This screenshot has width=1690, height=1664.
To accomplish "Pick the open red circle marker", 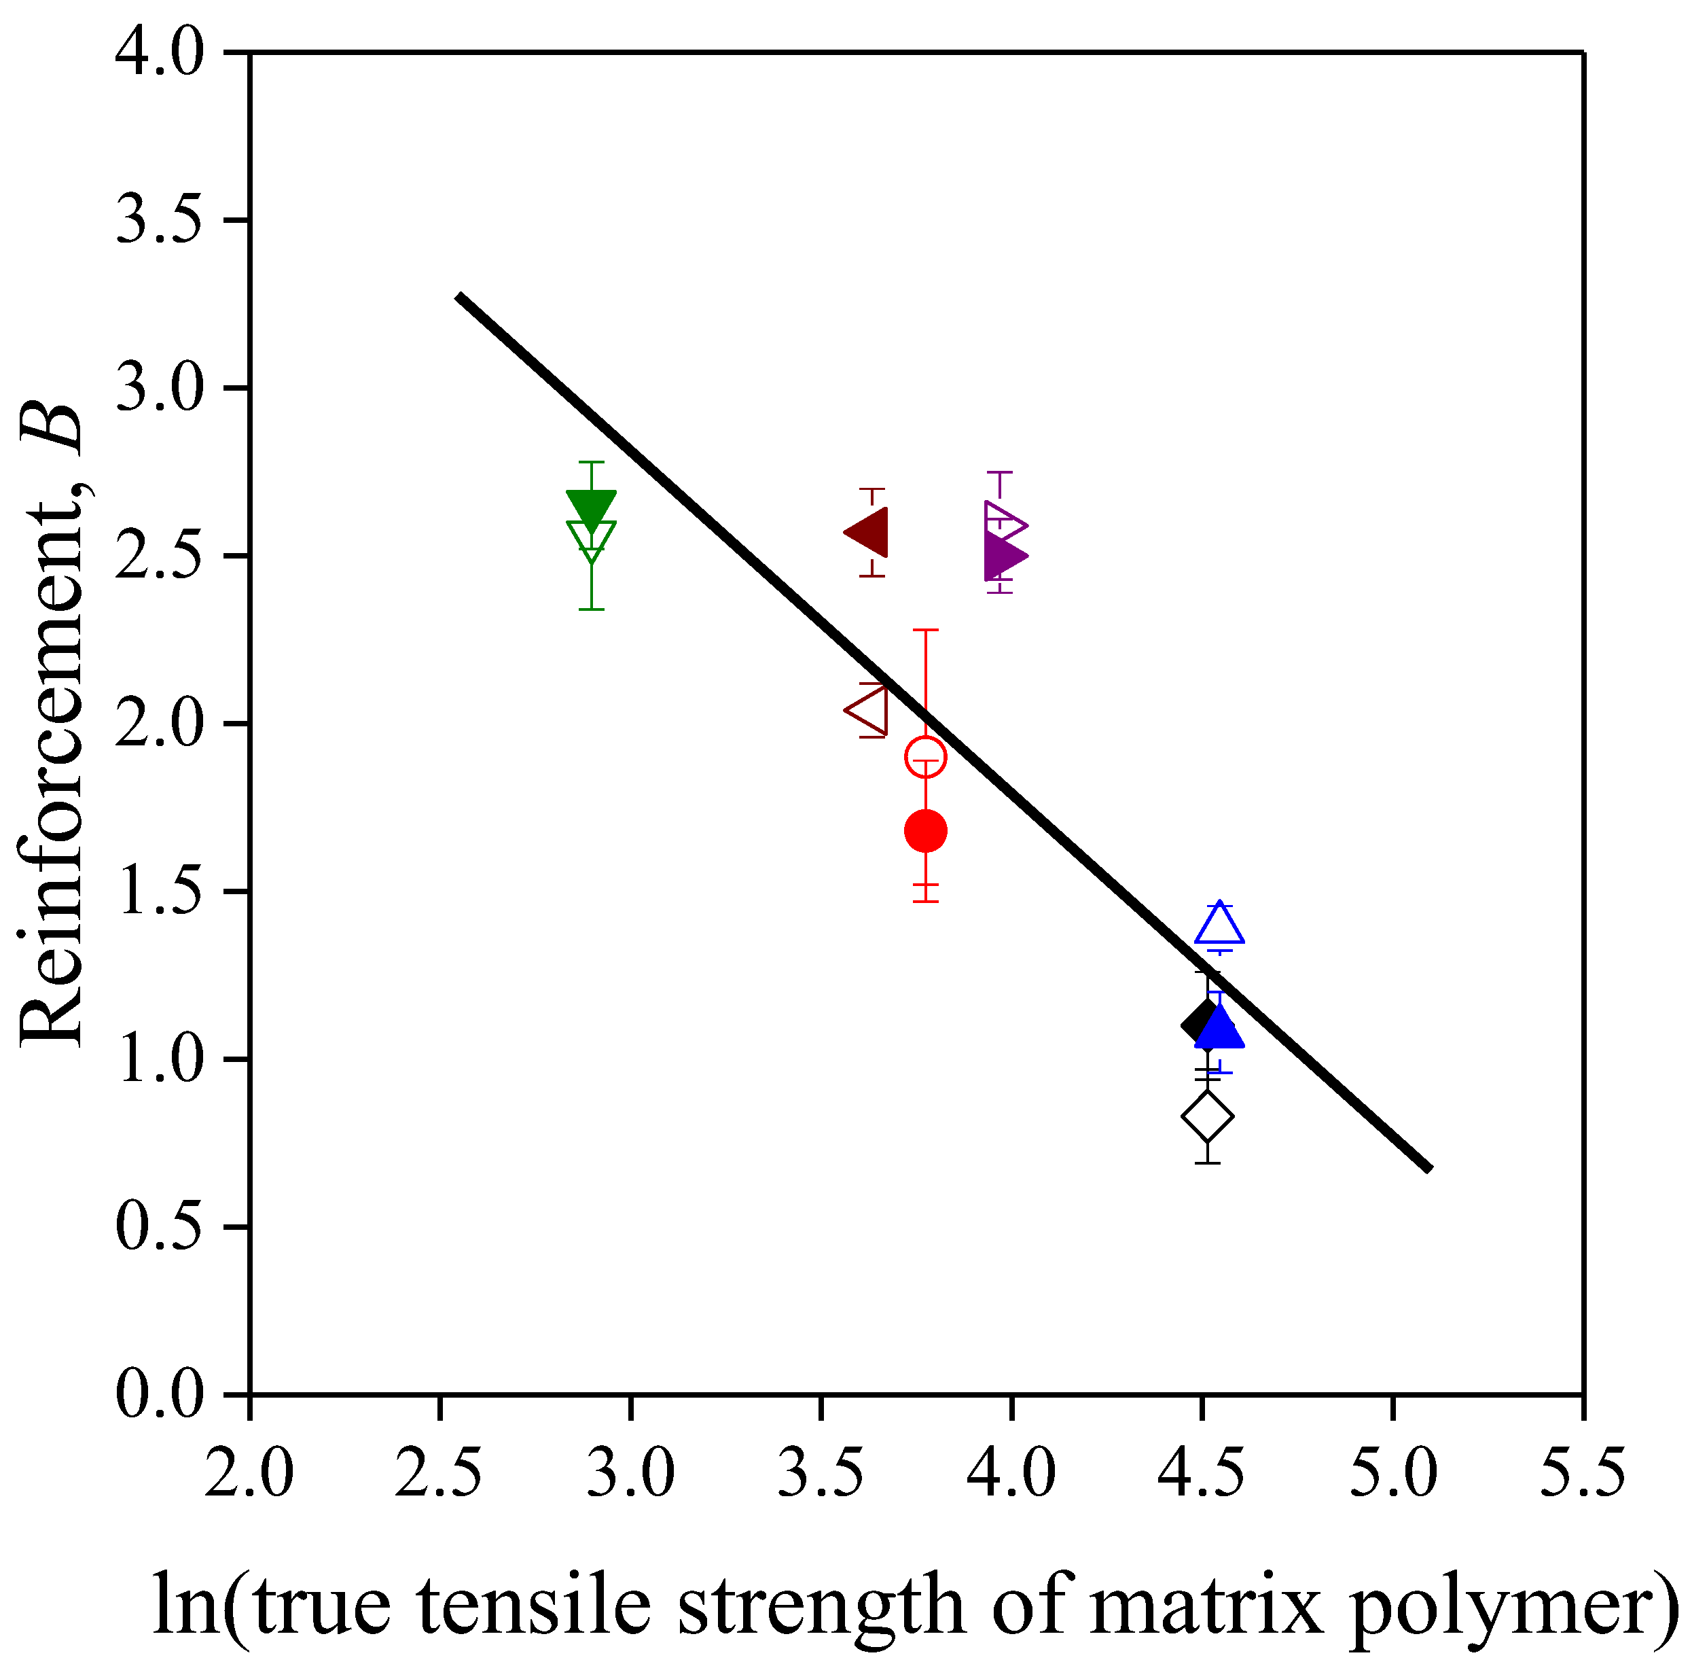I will point(925,757).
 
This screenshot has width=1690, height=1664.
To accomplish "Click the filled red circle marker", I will point(925,830).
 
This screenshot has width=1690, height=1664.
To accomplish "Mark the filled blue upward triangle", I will point(1219,1029).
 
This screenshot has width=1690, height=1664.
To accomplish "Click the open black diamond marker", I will point(1207,1116).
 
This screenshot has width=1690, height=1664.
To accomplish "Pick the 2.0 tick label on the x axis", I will point(249,1472).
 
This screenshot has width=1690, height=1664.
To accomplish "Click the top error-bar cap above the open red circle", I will point(925,629).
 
